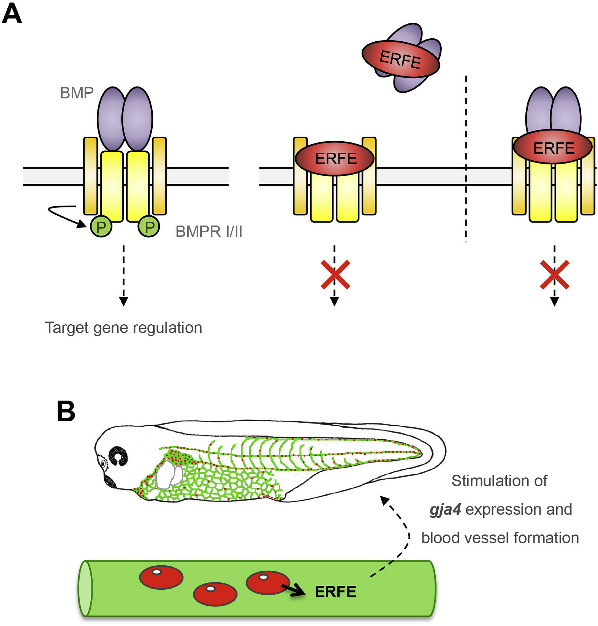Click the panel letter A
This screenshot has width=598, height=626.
[x=12, y=14]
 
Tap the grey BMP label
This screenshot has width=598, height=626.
[x=77, y=93]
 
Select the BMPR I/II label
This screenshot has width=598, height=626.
[x=209, y=231]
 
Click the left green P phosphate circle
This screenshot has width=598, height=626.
[x=101, y=227]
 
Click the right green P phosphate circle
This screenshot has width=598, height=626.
[x=149, y=227]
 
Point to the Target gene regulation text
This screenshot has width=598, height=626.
[x=123, y=328]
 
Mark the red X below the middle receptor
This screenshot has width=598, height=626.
[x=335, y=275]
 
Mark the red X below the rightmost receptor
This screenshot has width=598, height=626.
[x=554, y=275]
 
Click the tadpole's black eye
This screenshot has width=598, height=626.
[x=118, y=456]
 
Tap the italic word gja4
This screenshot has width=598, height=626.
[x=445, y=509]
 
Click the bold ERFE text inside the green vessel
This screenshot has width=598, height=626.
[x=335, y=592]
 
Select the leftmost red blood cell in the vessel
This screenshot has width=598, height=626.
[x=161, y=577]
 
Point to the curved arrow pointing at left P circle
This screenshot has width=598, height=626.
[x=64, y=214]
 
